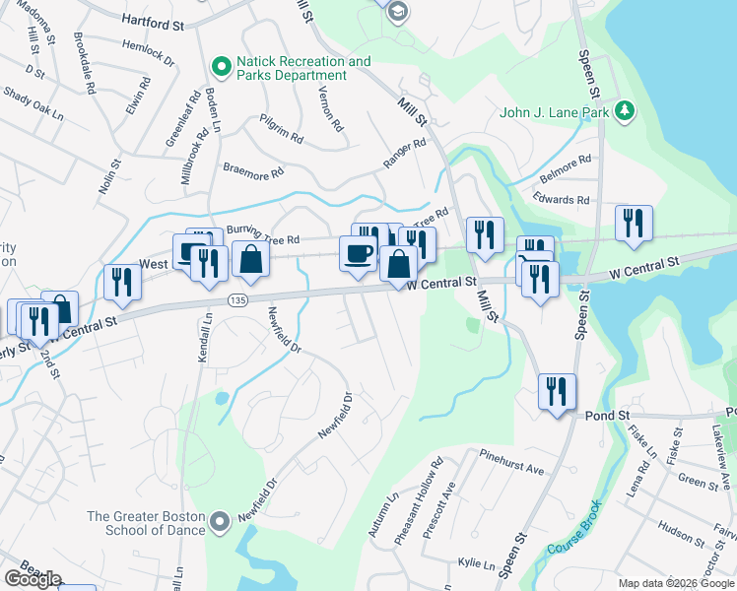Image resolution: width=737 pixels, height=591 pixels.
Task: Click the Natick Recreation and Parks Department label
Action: point(303,68)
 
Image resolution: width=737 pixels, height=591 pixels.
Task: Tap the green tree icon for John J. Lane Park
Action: point(623,110)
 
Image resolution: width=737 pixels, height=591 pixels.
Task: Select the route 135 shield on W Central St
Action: point(236,299)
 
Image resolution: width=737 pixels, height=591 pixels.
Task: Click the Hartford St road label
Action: point(153,20)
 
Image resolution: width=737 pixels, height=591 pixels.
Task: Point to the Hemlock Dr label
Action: point(148,52)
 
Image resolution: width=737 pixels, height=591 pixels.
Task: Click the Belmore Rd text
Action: point(566,160)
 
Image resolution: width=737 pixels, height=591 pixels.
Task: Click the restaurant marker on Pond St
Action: point(554,391)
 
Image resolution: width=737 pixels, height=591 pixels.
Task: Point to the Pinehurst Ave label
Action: point(512,463)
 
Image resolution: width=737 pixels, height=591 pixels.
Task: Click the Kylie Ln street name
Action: point(476,563)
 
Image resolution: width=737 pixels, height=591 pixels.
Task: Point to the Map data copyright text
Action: point(676,583)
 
